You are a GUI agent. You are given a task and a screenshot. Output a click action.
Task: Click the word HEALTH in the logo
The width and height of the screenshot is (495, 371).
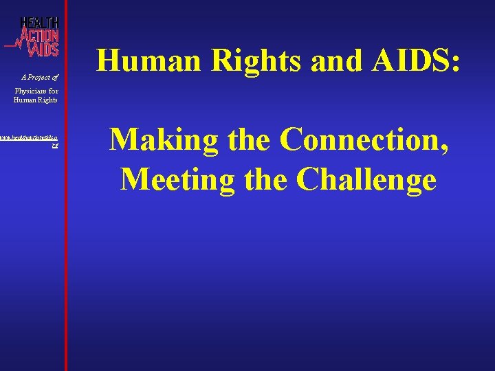pos(39,23)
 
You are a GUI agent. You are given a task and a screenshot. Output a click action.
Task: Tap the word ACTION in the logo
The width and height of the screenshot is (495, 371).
pos(39,36)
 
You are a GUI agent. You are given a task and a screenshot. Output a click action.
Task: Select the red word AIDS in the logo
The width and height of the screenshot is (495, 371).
pos(45,49)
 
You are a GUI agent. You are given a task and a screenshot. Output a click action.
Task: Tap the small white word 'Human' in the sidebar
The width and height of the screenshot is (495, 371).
pos(25,100)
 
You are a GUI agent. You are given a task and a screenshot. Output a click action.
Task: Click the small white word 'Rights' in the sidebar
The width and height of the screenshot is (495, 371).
pos(47,100)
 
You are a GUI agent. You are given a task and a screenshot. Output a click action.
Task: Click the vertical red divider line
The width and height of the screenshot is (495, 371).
pos(66,206)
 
